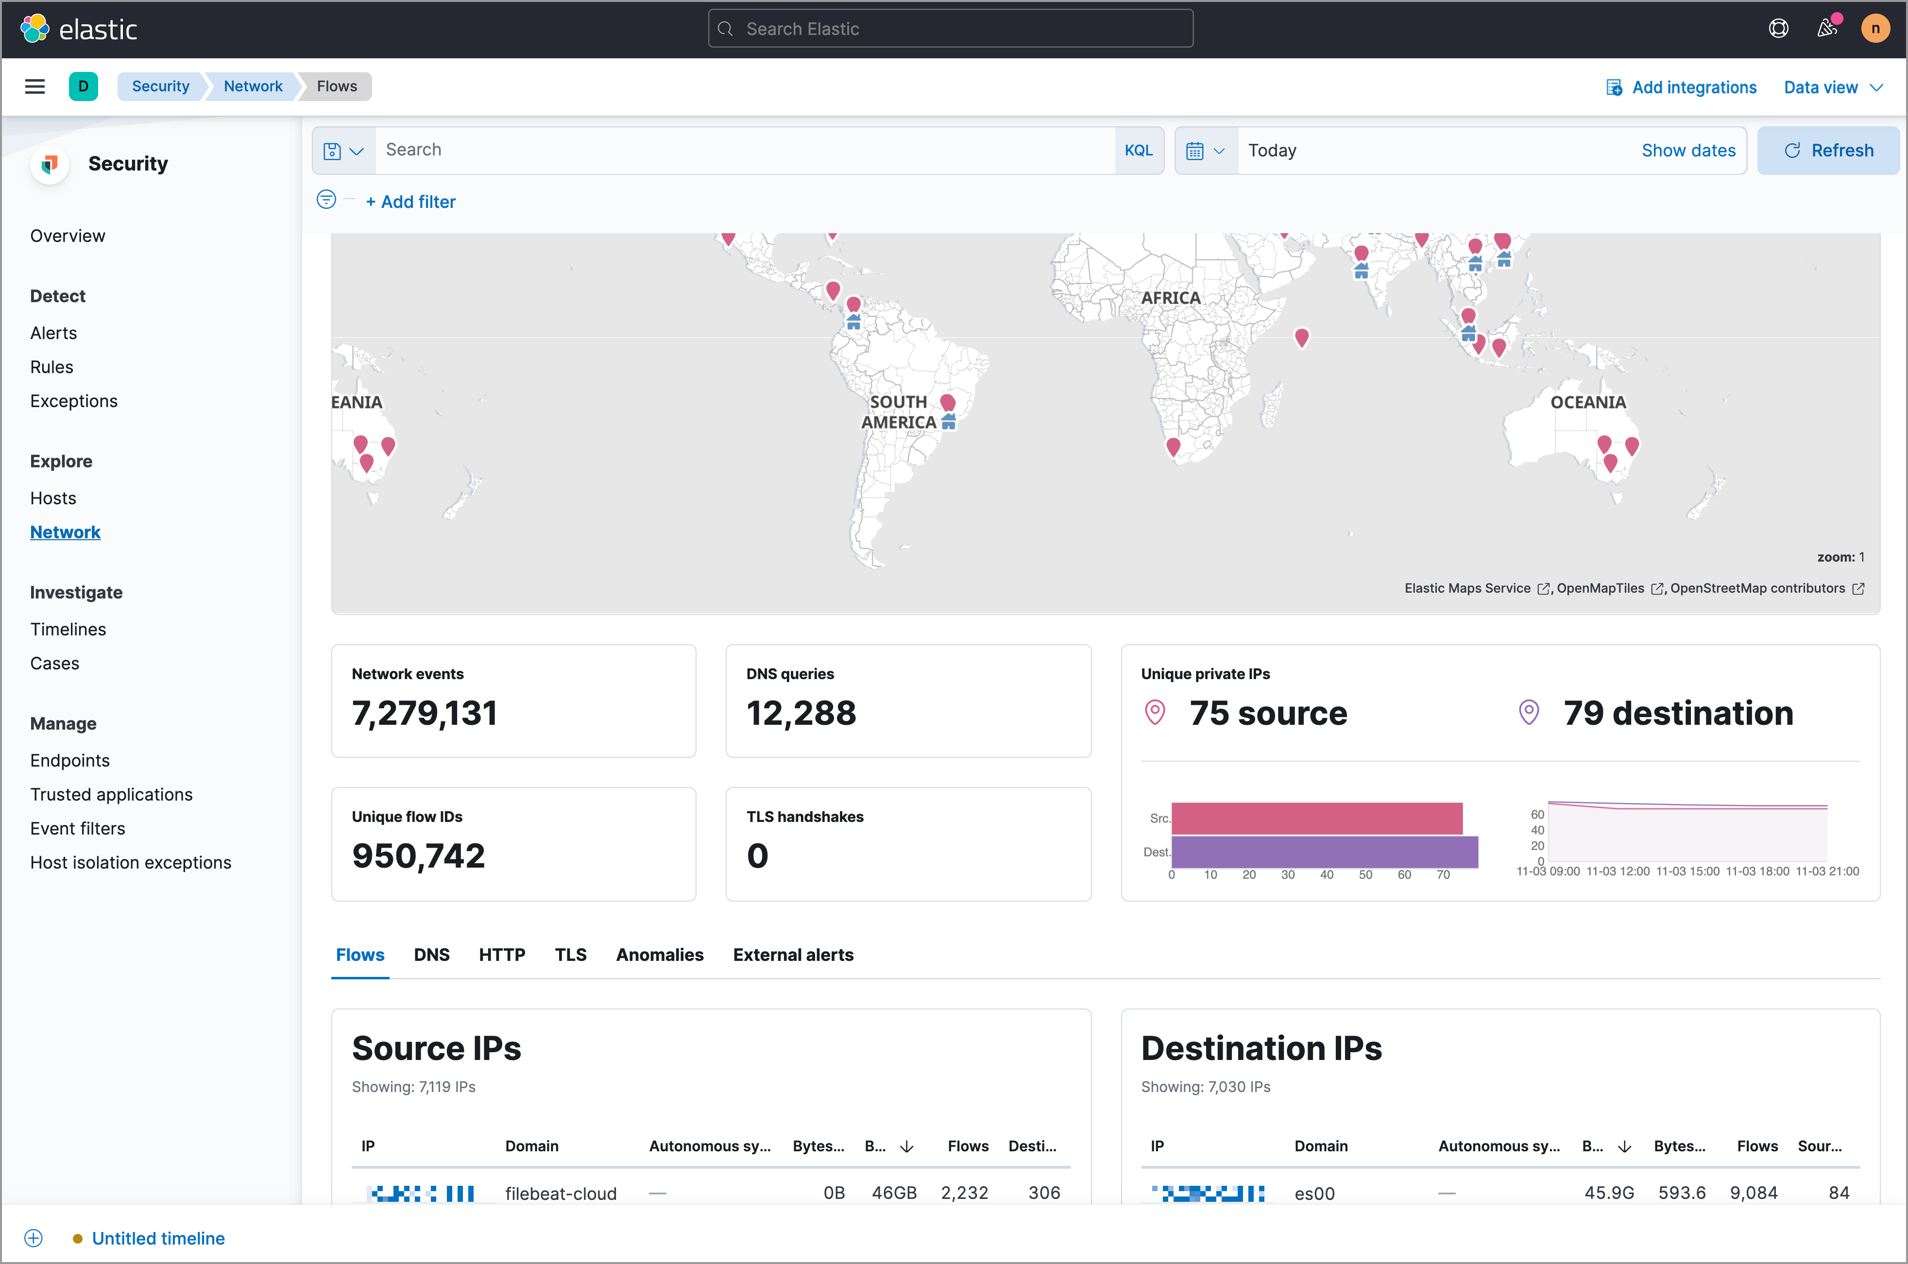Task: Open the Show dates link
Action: [x=1688, y=151]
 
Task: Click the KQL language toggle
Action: [x=1138, y=151]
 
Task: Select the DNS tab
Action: [x=431, y=955]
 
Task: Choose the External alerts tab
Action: [x=792, y=955]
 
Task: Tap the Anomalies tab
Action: [x=659, y=955]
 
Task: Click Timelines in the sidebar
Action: [x=68, y=629]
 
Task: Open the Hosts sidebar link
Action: [x=53, y=498]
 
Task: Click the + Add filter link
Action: [x=410, y=202]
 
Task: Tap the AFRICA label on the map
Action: [x=1170, y=297]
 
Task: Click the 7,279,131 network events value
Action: [x=424, y=713]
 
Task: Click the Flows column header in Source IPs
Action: [x=967, y=1145]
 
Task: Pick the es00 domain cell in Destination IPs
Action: [x=1314, y=1193]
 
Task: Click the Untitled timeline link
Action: [x=158, y=1238]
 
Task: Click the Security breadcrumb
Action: [x=160, y=86]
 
